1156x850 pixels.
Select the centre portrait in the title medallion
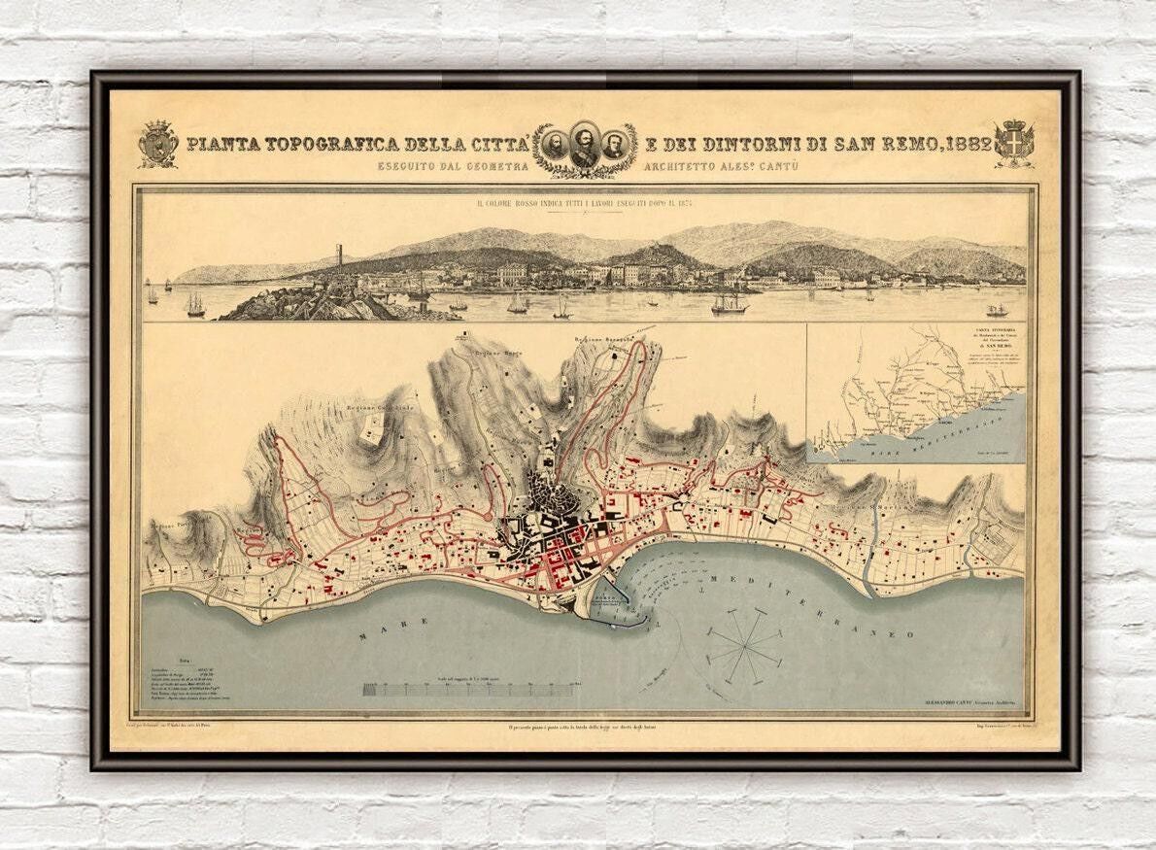click(584, 147)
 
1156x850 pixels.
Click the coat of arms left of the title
click(157, 144)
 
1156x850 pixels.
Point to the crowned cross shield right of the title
click(1014, 144)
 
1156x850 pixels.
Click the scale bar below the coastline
click(467, 690)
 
